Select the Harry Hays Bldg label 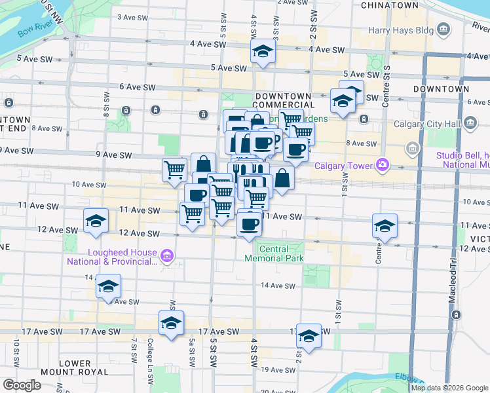[400, 29]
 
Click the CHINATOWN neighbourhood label [390, 5]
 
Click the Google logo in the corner [22, 385]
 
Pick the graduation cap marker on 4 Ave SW [263, 53]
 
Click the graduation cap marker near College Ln [171, 324]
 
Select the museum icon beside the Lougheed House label [167, 255]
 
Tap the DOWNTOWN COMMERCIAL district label [282, 100]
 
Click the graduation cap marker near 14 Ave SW [108, 286]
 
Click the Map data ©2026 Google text [450, 388]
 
